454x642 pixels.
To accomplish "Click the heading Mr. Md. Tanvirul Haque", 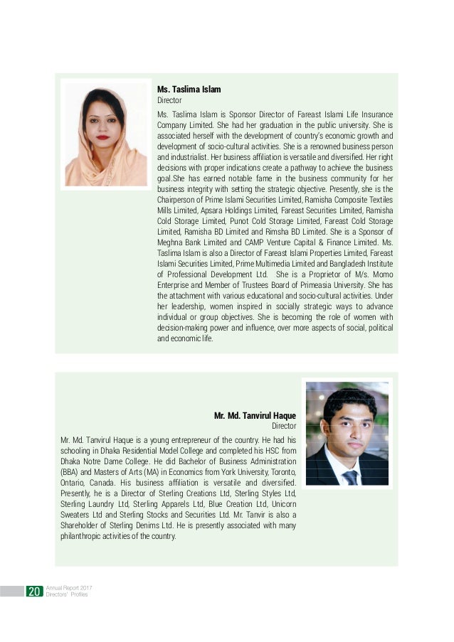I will (255, 415).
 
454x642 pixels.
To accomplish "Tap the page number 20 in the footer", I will (33, 592).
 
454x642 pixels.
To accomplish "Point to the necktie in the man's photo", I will (350, 476).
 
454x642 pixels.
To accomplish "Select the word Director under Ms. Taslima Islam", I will (169, 101).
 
